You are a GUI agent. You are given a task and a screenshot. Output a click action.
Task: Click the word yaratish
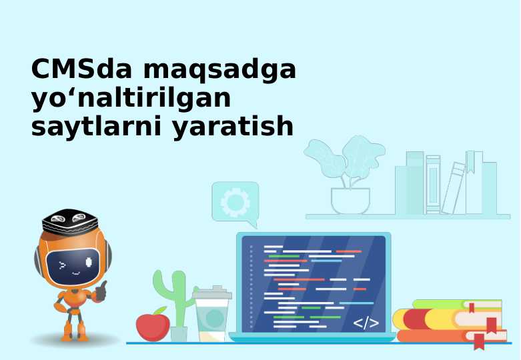[233, 127]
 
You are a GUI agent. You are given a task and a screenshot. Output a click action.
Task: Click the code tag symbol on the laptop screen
[366, 323]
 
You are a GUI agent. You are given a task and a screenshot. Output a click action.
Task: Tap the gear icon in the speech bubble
[234, 201]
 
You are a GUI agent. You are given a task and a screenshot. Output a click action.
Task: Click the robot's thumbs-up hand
[101, 290]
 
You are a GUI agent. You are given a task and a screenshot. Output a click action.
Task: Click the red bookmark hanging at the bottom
[478, 341]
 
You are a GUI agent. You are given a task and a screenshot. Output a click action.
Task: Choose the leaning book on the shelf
[454, 188]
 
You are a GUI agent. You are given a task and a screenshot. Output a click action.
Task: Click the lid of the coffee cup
[211, 293]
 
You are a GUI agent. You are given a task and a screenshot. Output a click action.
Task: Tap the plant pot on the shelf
[350, 201]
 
